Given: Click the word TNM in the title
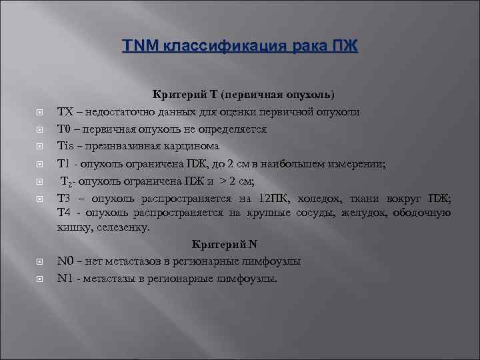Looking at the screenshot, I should pos(137,46).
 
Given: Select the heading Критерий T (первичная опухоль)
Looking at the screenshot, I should pos(244,95).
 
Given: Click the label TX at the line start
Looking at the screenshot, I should pos(65,111).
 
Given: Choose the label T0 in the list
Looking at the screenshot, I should pos(64,129).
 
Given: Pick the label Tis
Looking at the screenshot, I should pos(65,145).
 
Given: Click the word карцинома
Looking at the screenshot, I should pos(187,145).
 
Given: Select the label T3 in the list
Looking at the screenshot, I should pos(65,198).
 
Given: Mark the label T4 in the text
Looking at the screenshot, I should pos(65,213).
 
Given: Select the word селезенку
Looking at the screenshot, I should pos(123,228).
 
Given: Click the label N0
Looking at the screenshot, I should pos(65,261).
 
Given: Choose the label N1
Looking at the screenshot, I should pos(65,278).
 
